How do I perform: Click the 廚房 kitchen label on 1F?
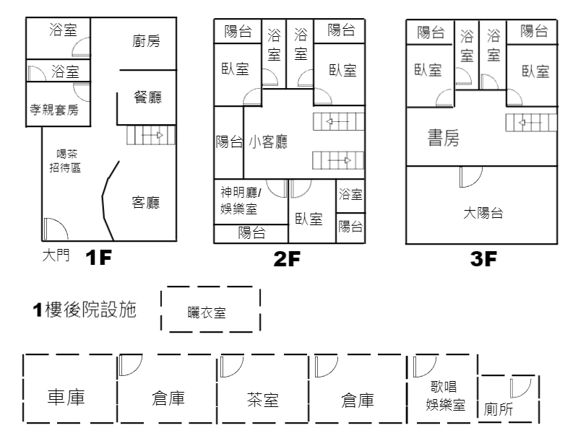pyautogui.click(x=146, y=41)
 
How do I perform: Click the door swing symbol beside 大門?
pyautogui.click(x=56, y=229)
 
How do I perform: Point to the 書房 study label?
pyautogui.click(x=443, y=138)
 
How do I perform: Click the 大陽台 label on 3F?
pyautogui.click(x=483, y=213)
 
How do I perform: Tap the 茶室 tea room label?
pyautogui.click(x=263, y=400)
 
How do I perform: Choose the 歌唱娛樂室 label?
pyautogui.click(x=444, y=396)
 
